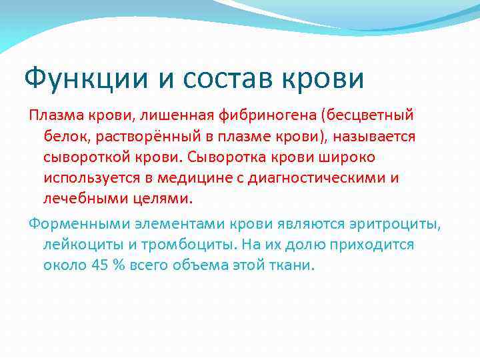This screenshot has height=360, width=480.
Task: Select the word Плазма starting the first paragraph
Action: click(x=52, y=117)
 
